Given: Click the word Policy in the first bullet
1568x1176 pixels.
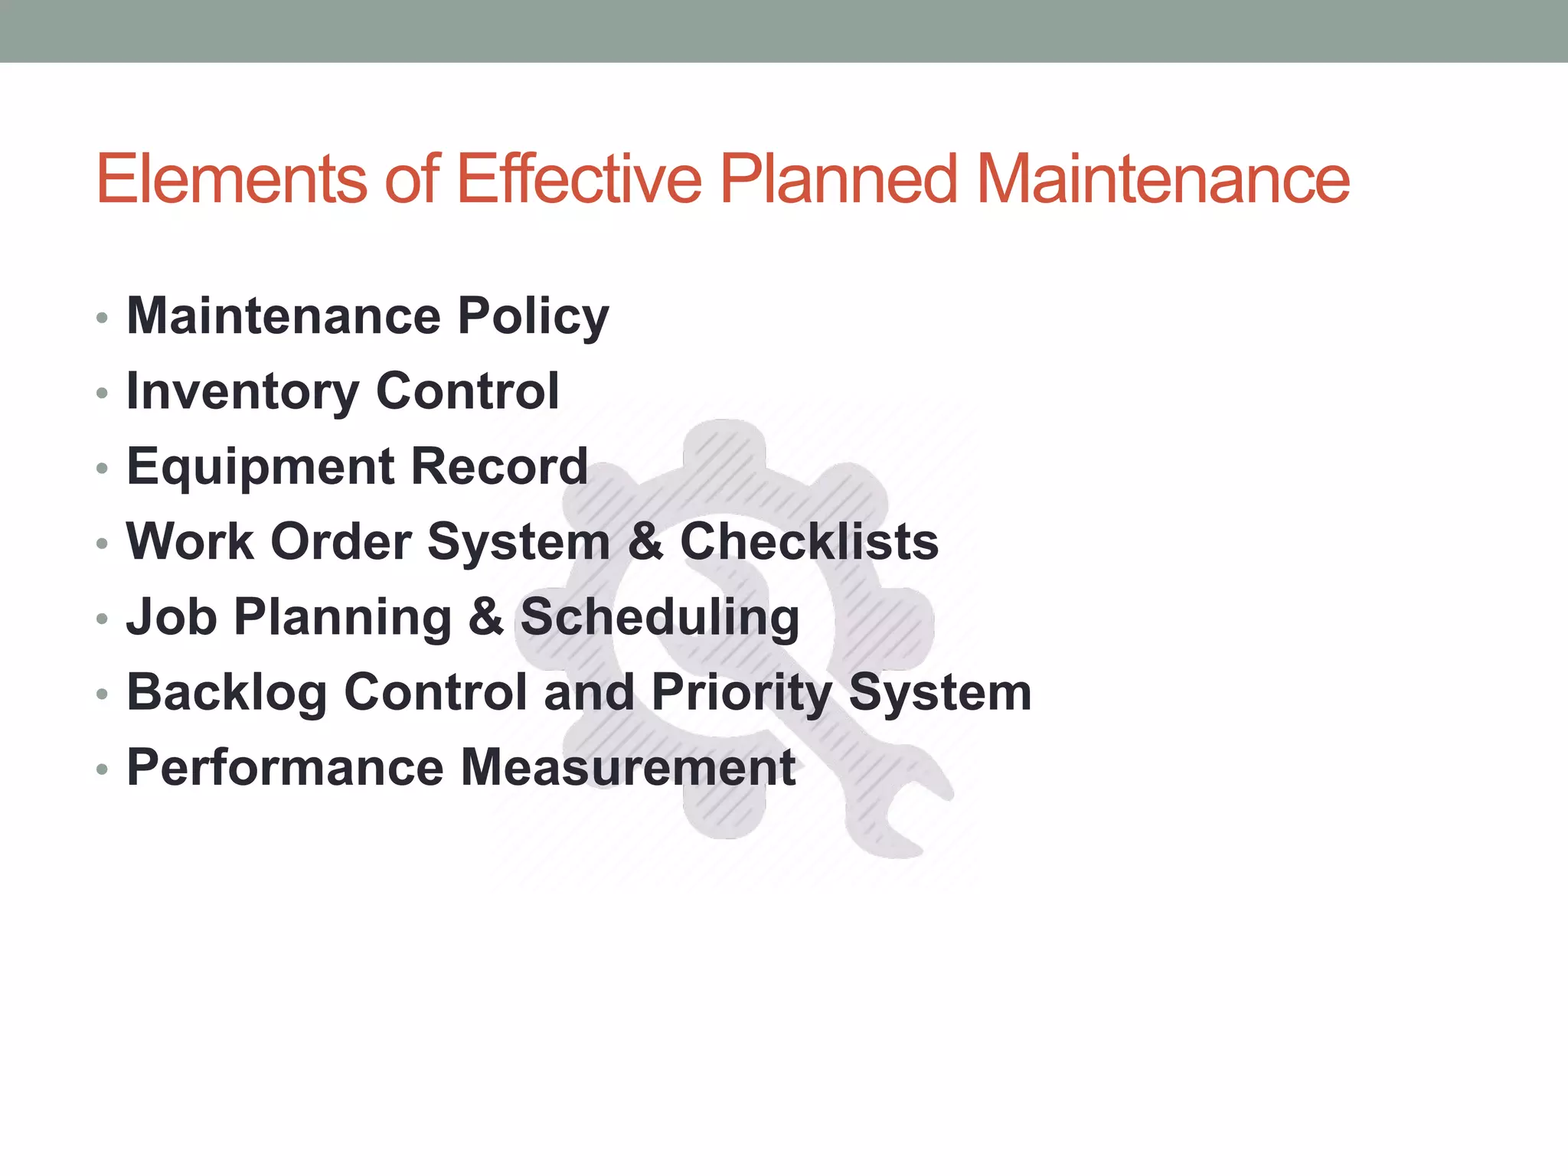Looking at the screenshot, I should point(533,317).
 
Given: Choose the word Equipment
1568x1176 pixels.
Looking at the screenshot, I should point(260,468).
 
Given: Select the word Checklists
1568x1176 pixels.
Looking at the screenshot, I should point(808,542).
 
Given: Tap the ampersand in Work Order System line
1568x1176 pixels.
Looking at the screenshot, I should point(645,542).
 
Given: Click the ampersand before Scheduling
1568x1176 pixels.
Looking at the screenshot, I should point(485,617).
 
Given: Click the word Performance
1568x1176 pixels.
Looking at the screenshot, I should point(285,768).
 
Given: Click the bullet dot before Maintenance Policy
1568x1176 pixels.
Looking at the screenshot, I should point(102,318).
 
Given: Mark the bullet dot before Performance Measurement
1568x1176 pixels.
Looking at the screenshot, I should point(102,769).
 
